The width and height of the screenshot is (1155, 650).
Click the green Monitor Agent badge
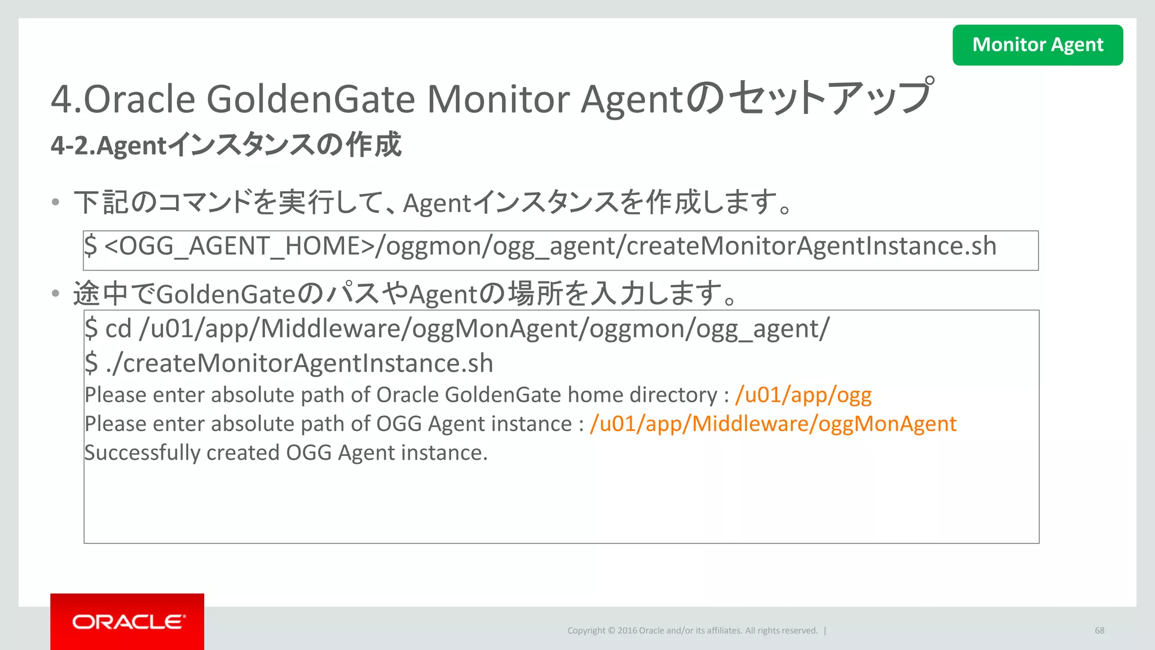(1037, 45)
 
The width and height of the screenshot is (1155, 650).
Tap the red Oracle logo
(127, 621)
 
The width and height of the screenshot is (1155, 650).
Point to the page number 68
(1099, 630)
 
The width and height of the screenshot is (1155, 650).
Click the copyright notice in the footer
(692, 630)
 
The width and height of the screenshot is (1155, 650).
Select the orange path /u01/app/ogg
(803, 395)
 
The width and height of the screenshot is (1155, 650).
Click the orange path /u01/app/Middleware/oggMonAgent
(773, 424)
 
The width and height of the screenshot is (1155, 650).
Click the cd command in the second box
(118, 328)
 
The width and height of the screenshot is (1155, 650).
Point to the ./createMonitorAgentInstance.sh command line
(299, 363)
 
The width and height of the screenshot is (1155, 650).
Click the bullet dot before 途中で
(55, 293)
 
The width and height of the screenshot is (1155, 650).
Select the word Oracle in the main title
(139, 99)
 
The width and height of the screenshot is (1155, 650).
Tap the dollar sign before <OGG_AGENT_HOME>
(90, 246)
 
